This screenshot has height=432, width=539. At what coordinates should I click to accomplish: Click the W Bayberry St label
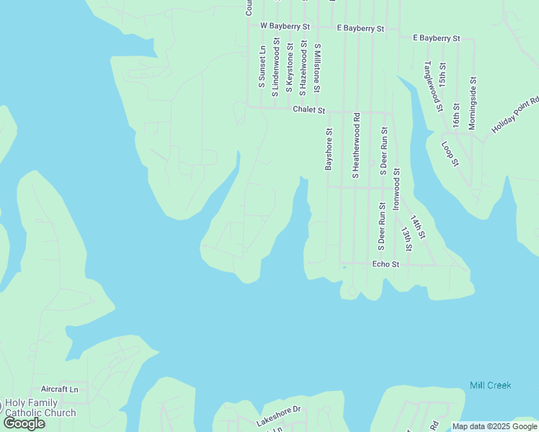point(285,27)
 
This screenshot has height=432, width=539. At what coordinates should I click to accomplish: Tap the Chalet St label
point(309,111)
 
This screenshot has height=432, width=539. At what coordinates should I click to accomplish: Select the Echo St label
point(386,265)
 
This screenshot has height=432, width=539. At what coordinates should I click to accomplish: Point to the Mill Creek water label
point(490,385)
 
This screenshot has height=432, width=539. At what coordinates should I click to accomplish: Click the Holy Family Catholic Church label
point(40,408)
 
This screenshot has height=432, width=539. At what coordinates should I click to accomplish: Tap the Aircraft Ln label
point(59,389)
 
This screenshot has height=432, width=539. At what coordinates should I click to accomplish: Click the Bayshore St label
point(329,149)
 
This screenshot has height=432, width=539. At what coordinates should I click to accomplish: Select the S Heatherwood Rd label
point(355,145)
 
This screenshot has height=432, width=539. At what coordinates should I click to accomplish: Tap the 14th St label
point(419,227)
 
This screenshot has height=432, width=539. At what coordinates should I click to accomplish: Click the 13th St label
point(407,239)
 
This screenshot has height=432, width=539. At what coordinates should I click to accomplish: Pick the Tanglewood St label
point(432,86)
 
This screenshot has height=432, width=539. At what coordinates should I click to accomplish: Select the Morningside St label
point(473,102)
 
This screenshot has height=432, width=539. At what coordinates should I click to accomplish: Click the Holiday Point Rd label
point(516,115)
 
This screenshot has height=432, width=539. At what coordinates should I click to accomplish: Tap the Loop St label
point(450,153)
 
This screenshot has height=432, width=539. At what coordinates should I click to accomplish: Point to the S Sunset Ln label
point(262,67)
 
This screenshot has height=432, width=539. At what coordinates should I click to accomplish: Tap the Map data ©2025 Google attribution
point(494,426)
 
